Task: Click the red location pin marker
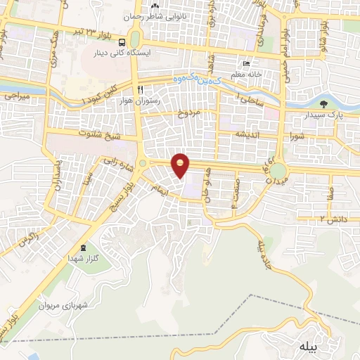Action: coord(181,165)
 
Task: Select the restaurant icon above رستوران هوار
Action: coord(141,90)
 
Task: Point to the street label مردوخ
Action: coord(190,113)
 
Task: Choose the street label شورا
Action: coord(296,136)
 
